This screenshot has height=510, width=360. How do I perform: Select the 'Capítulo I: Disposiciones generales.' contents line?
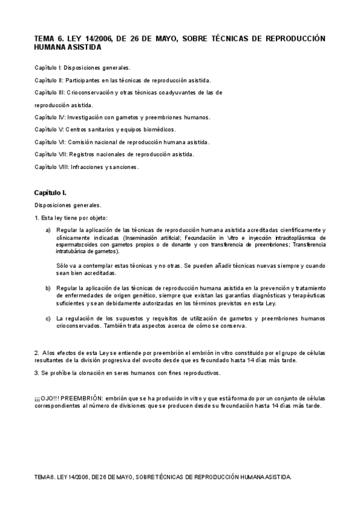click(82, 67)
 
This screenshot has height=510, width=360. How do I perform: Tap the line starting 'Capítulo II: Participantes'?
click(122, 80)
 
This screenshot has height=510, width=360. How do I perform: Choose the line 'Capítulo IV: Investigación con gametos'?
click(122, 117)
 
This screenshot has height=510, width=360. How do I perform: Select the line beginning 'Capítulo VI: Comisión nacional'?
click(122, 142)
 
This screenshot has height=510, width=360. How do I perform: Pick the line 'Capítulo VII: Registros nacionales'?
click(114, 154)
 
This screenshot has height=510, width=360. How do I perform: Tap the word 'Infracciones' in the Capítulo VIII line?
click(88, 167)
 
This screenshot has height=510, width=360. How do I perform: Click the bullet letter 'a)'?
click(47, 230)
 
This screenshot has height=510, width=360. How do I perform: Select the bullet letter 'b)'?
click(47, 288)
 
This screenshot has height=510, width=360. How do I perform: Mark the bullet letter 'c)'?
click(47, 318)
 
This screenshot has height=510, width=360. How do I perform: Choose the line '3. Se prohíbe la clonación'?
click(127, 373)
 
